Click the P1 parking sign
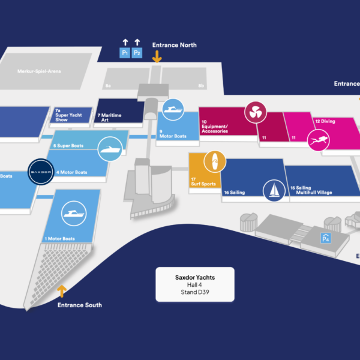tap(125, 53)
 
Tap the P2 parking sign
tap(137, 53)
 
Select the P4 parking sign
tap(326, 239)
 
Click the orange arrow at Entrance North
tap(157, 56)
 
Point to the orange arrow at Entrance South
tap(61, 292)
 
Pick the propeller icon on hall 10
tap(254, 112)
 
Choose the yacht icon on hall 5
tap(110, 149)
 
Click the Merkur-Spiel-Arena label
tap(39, 71)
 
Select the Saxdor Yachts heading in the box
tap(195, 277)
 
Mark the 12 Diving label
tap(325, 121)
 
